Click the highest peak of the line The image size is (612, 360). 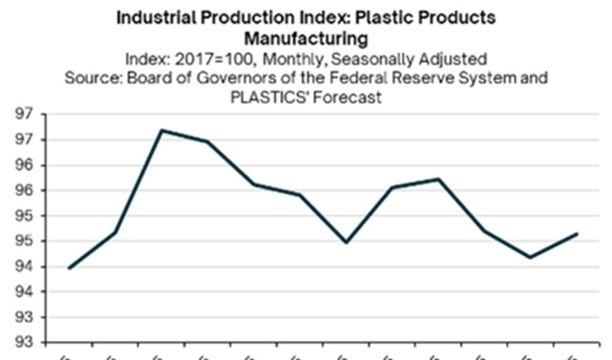[162, 130]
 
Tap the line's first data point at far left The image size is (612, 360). [70, 268]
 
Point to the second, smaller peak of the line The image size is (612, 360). [439, 179]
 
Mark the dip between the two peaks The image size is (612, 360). [346, 242]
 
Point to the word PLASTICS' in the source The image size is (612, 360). [266, 98]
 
